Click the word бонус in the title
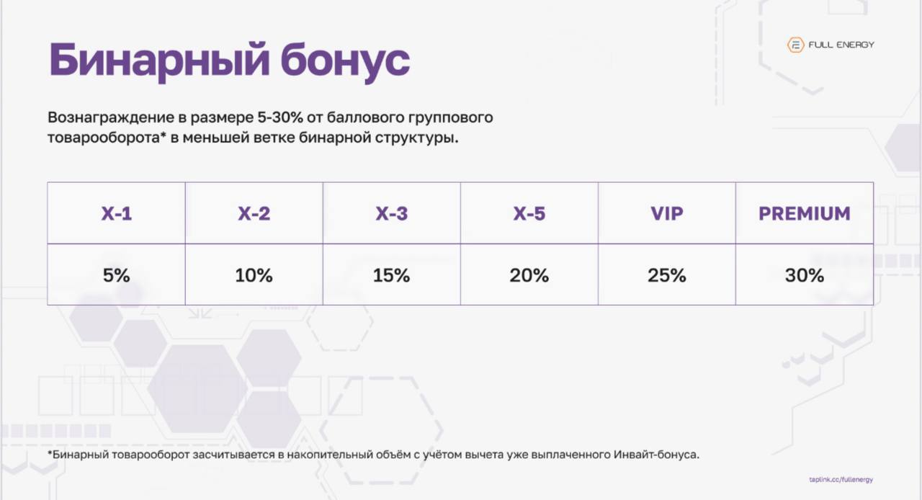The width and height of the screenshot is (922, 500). tap(344, 61)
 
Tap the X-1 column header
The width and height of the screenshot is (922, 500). tap(116, 214)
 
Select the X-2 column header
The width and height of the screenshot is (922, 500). tap(254, 214)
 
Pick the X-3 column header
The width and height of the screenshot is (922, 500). tap(392, 214)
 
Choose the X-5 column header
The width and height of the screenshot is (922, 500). tap(529, 214)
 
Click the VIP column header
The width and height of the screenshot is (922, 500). tap(667, 214)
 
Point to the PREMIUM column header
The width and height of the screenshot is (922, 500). tap(805, 214)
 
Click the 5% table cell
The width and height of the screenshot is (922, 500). tap(116, 274)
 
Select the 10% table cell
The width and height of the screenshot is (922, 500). tap(254, 274)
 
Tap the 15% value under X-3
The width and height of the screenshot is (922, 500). tap(392, 274)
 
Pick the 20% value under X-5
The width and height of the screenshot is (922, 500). tap(529, 274)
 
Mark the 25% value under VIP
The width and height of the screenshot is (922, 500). tap(667, 274)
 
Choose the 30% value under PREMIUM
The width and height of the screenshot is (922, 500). tap(805, 274)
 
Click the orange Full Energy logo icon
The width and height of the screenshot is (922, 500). tap(795, 45)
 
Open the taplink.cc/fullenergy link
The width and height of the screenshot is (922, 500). tap(841, 479)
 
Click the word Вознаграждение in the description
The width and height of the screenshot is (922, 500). tap(106, 117)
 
